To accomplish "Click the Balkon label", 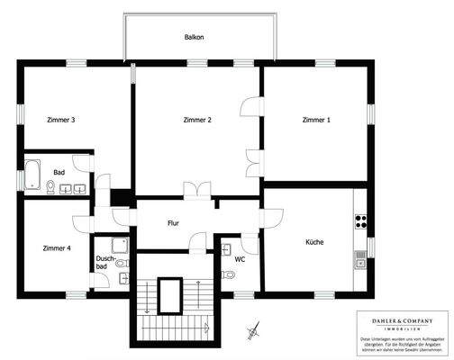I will tap(194, 39).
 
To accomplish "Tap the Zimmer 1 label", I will tap(317, 120).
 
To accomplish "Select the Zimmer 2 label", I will tap(196, 120).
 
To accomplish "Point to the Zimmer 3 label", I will tap(60, 120).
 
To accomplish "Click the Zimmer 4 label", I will tap(57, 247).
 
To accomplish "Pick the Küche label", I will tap(314, 241).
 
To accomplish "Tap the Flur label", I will tap(175, 222).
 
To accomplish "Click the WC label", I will tap(240, 259).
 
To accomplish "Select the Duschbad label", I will tap(104, 262).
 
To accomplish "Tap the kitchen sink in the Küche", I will tap(360, 260).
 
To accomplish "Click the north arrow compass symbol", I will tap(253, 331).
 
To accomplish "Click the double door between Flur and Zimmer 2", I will tap(195, 190).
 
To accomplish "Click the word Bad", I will tap(59, 172).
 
